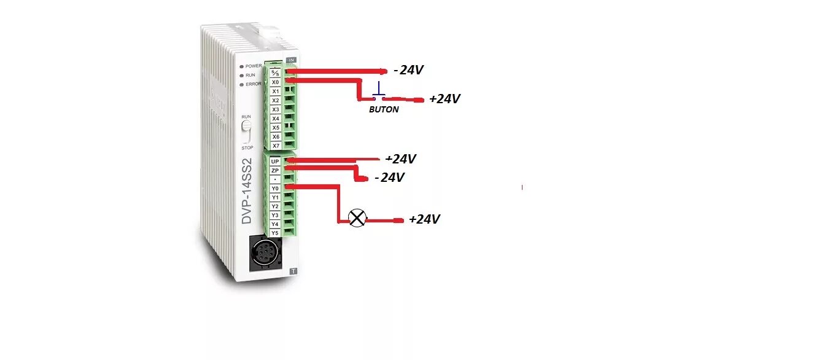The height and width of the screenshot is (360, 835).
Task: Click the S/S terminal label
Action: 276,72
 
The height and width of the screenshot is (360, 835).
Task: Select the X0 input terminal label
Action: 276,82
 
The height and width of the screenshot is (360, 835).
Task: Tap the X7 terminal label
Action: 276,146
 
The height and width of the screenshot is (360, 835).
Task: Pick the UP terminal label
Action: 275,162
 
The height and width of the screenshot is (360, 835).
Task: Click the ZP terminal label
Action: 275,170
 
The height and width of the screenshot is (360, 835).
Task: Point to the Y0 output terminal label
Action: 275,188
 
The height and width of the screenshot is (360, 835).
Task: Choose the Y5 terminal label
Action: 275,233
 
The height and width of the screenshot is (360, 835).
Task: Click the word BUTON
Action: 383,109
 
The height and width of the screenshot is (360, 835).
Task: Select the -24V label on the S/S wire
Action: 408,70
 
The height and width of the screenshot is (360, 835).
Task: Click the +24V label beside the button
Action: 445,98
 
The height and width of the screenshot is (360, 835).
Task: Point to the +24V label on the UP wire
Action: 400,159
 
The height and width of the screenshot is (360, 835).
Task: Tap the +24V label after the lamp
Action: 424,219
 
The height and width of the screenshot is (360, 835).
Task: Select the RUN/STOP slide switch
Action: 246,131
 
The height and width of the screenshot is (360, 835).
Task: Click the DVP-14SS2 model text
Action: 247,192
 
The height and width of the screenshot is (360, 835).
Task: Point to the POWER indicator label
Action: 253,66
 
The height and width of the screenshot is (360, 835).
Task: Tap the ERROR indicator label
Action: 253,84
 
